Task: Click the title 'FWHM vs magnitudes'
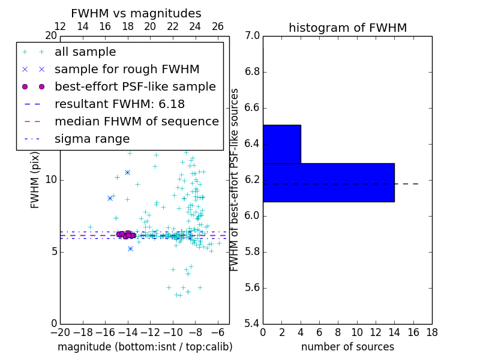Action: coord(136,13)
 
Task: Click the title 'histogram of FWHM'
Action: coord(347,28)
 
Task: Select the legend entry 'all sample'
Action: coord(85,52)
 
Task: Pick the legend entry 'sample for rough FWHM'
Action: coord(127,70)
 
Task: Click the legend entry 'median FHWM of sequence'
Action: coord(136,122)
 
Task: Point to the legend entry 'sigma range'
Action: coord(92,139)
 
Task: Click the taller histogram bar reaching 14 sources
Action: coord(328,182)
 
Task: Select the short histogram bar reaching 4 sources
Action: coord(281,144)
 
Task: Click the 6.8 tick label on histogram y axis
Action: coord(252,72)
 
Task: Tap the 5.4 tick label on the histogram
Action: coord(252,323)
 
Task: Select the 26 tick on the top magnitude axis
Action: coord(218,27)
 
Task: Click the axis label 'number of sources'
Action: coord(347,347)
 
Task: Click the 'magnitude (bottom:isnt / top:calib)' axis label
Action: coord(145,347)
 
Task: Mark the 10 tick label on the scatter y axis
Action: coord(51,180)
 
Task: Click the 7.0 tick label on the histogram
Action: coord(252,36)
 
